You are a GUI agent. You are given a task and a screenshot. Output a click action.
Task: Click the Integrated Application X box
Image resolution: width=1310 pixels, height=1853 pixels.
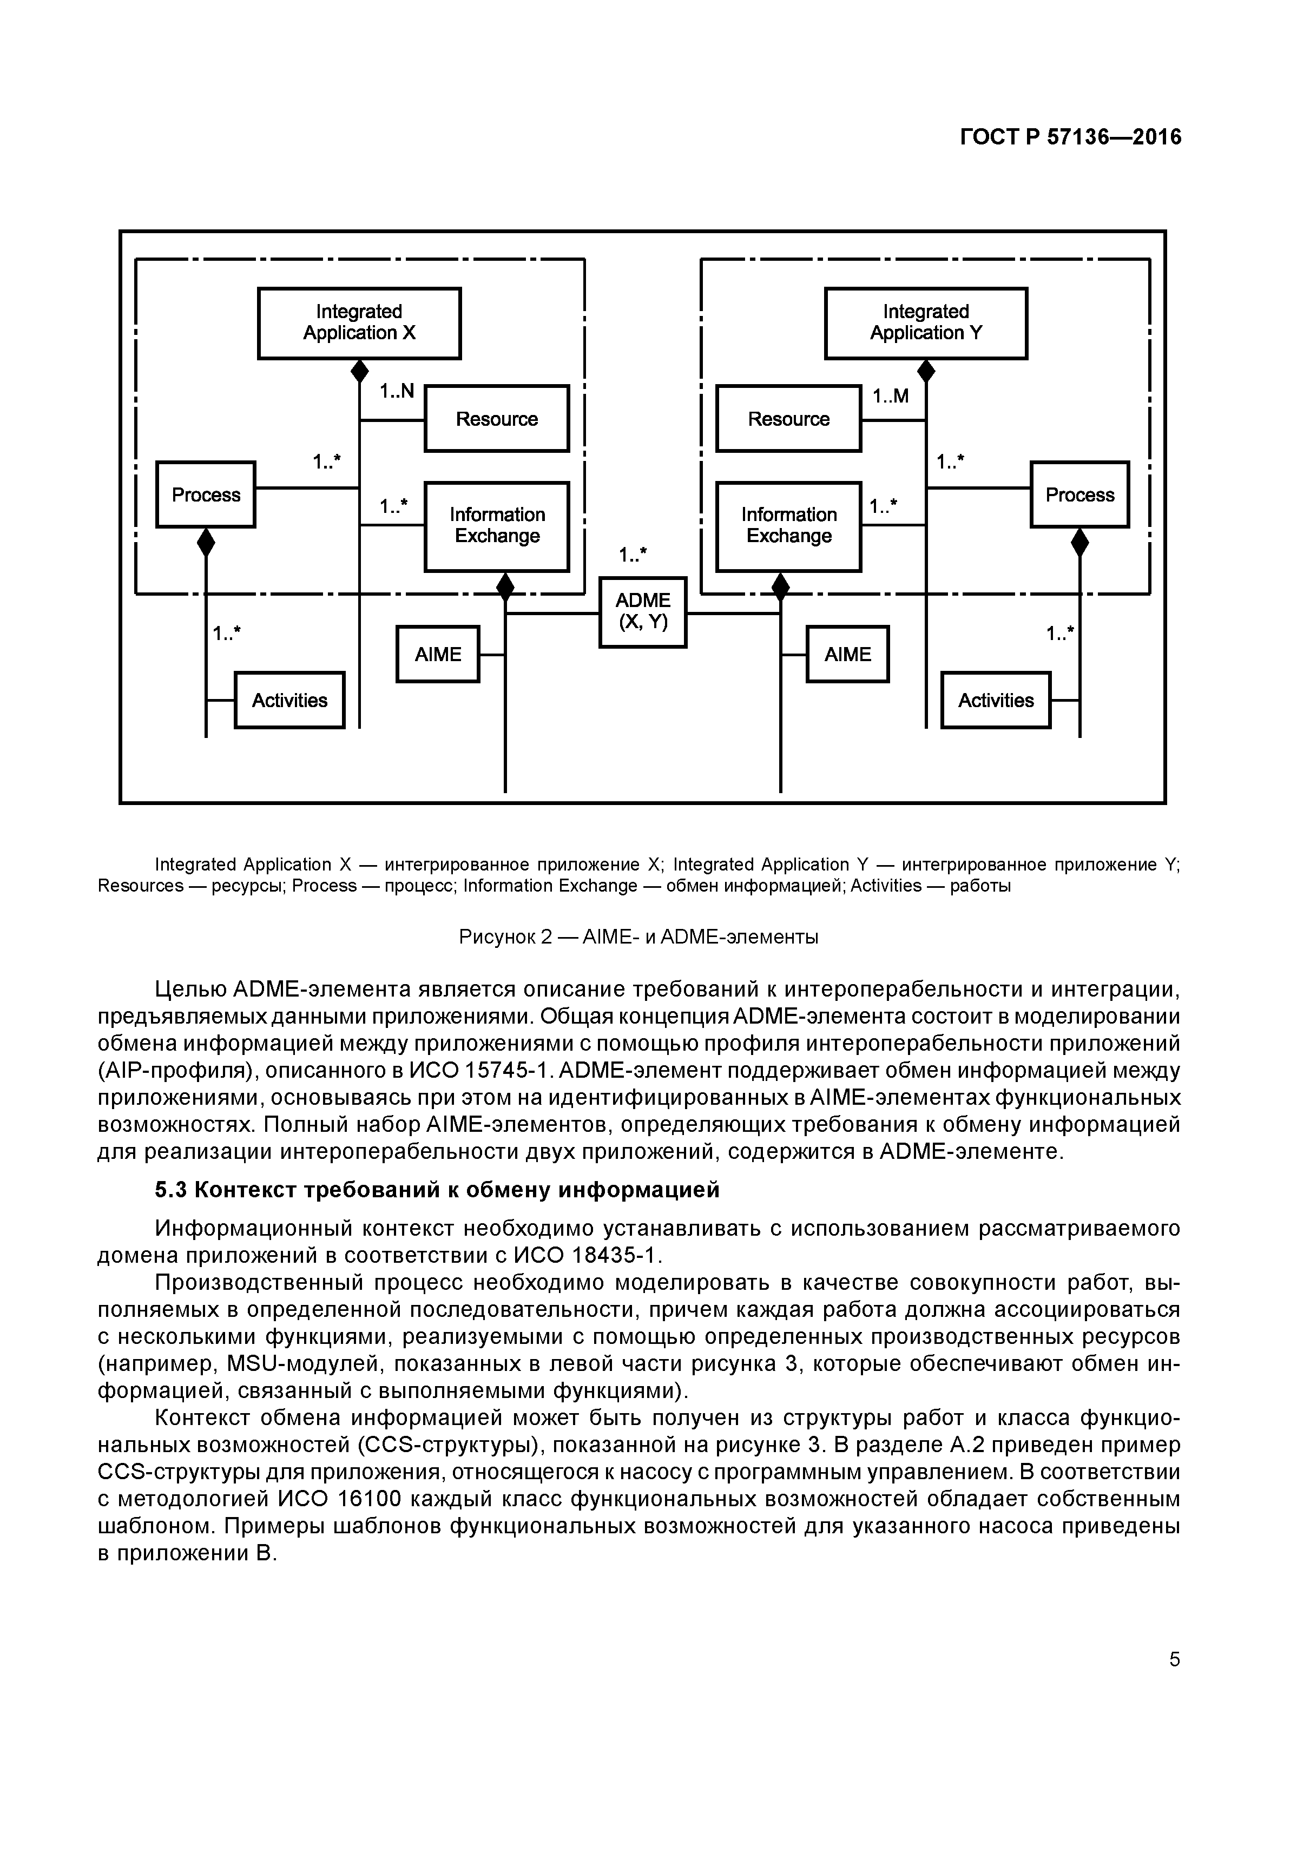tap(359, 323)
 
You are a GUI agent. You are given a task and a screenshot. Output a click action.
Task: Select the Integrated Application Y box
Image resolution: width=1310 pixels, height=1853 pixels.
tap(926, 323)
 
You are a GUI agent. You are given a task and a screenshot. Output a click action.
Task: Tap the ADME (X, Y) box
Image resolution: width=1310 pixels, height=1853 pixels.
tap(642, 612)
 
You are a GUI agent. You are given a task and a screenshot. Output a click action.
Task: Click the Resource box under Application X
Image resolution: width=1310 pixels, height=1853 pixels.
tap(496, 419)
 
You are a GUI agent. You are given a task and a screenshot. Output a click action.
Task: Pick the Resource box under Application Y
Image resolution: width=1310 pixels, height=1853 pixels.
tap(788, 419)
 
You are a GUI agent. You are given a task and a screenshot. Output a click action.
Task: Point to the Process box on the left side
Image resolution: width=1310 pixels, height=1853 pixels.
tap(206, 494)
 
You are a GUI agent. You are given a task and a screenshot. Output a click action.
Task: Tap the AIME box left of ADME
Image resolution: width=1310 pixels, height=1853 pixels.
tap(437, 654)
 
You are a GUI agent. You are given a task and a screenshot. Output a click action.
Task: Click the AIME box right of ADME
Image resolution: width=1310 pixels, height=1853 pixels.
tap(847, 654)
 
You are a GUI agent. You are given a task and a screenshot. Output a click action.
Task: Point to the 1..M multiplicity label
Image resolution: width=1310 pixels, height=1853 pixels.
tap(890, 396)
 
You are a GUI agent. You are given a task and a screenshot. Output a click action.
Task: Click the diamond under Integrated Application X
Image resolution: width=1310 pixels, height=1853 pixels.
tap(360, 372)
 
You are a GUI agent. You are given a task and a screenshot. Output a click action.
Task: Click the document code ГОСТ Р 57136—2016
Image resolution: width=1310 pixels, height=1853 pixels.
tap(1070, 137)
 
